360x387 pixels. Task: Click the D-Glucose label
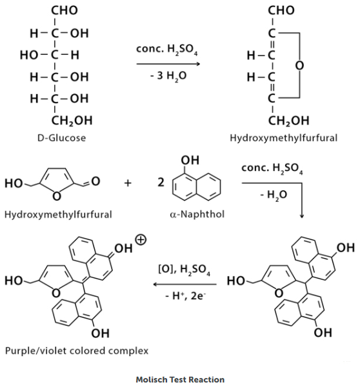pyautogui.click(x=61, y=138)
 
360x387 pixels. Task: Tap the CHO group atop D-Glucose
pyautogui.click(x=65, y=10)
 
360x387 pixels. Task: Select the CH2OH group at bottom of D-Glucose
pyautogui.click(x=72, y=121)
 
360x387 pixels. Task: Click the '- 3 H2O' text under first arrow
pyautogui.click(x=168, y=75)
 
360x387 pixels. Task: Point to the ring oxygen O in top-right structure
pyautogui.click(x=299, y=65)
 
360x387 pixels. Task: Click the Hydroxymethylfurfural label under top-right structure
pyautogui.click(x=283, y=138)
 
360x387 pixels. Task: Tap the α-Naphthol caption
pyautogui.click(x=197, y=214)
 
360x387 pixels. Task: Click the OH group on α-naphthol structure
pyautogui.click(x=190, y=161)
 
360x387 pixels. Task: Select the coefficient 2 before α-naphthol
pyautogui.click(x=161, y=183)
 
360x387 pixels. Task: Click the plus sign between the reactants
pyautogui.click(x=128, y=183)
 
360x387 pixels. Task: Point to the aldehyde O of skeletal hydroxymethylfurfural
pyautogui.click(x=95, y=181)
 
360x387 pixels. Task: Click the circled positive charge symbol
pyautogui.click(x=141, y=240)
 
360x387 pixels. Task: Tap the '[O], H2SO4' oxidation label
pyautogui.click(x=185, y=270)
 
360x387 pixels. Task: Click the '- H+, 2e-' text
pyautogui.click(x=185, y=295)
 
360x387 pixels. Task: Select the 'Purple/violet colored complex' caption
pyautogui.click(x=77, y=351)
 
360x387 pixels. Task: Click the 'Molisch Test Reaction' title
pyautogui.click(x=180, y=379)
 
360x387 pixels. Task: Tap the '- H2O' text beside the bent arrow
pyautogui.click(x=274, y=195)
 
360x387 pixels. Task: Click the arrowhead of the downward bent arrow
pyautogui.click(x=301, y=216)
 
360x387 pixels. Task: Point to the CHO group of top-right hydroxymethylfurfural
pyautogui.click(x=281, y=10)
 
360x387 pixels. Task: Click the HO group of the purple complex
pyautogui.click(x=14, y=281)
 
